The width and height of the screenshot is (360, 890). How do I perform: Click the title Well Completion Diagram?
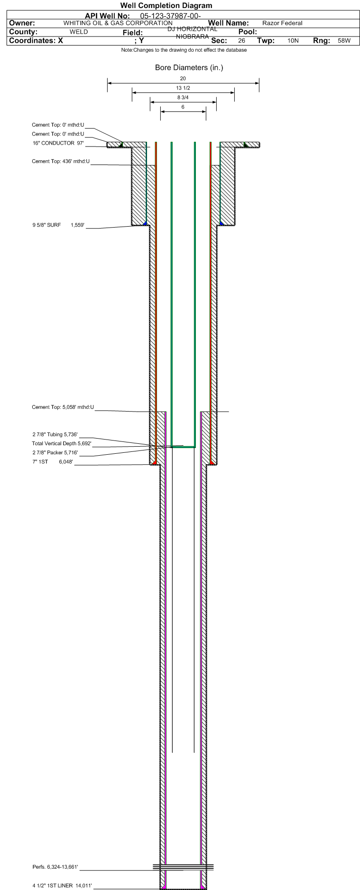166,6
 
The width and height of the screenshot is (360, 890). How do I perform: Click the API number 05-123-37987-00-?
171,16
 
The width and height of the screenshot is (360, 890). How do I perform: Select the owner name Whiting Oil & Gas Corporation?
118,23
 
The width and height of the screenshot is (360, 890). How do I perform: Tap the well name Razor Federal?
282,23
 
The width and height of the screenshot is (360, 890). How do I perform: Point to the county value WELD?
79,32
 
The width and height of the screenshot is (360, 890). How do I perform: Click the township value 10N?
293,41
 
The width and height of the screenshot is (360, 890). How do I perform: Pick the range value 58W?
344,41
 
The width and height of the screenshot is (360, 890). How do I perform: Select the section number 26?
242,41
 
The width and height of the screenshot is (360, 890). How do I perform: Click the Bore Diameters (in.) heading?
189,68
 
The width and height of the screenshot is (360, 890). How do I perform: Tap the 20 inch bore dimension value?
183,78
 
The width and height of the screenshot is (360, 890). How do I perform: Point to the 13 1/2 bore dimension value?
183,88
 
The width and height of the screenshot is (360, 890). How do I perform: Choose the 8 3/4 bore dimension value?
183,98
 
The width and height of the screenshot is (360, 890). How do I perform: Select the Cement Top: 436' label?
61,162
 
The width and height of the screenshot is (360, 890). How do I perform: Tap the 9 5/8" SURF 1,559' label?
58,225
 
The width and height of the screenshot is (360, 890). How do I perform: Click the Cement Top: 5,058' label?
63,407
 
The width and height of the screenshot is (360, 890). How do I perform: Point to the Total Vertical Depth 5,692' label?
62,444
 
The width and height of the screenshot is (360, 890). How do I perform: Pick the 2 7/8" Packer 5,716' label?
55,453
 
